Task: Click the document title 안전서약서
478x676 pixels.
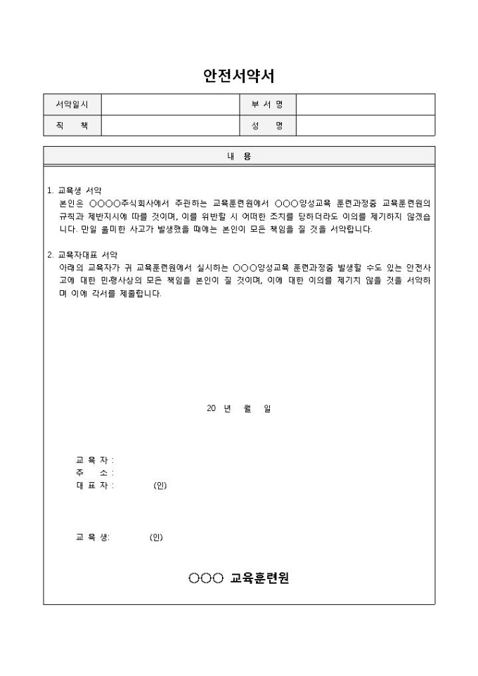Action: [238, 76]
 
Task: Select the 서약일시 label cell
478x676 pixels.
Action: [72, 105]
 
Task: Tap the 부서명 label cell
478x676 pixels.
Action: [267, 105]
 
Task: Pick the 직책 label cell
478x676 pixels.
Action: [72, 126]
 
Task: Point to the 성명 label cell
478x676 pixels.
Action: [267, 126]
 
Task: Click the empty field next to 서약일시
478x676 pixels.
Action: [171, 105]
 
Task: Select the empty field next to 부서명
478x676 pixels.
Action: [365, 105]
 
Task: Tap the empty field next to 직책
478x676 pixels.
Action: [171, 126]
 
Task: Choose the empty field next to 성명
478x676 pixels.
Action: [365, 126]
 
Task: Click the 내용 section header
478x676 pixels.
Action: [239, 157]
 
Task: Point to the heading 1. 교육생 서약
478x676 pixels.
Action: [75, 190]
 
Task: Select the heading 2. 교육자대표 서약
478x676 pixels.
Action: [82, 254]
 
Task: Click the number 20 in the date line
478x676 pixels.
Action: [212, 408]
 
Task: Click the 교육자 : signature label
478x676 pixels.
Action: [95, 460]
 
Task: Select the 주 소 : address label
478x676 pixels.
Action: [95, 472]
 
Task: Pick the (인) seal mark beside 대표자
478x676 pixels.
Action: [160, 486]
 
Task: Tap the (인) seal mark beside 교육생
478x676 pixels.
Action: [156, 538]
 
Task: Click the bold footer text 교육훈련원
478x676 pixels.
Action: [259, 578]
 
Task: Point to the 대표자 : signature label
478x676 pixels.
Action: [95, 486]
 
